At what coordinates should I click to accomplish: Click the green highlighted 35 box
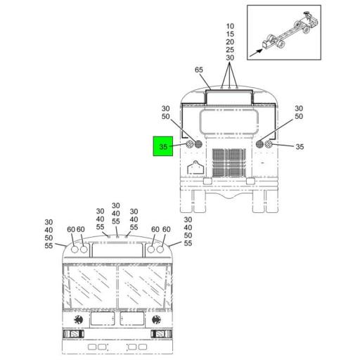click(x=163, y=146)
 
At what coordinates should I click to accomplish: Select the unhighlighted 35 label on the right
click(x=300, y=147)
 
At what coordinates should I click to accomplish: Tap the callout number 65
click(x=199, y=70)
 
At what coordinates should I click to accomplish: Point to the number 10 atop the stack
click(x=230, y=26)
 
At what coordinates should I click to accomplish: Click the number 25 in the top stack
click(x=230, y=50)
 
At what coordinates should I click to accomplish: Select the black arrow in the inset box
click(x=256, y=53)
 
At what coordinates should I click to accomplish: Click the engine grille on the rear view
click(x=229, y=162)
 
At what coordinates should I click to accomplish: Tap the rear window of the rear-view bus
click(x=229, y=122)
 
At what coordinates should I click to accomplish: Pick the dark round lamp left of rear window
click(x=198, y=144)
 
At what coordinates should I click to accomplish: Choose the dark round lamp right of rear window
click(x=259, y=144)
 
